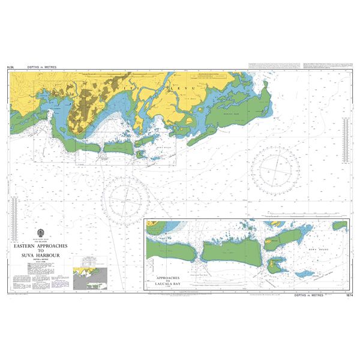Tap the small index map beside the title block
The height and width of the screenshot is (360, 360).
tap(89, 278)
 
